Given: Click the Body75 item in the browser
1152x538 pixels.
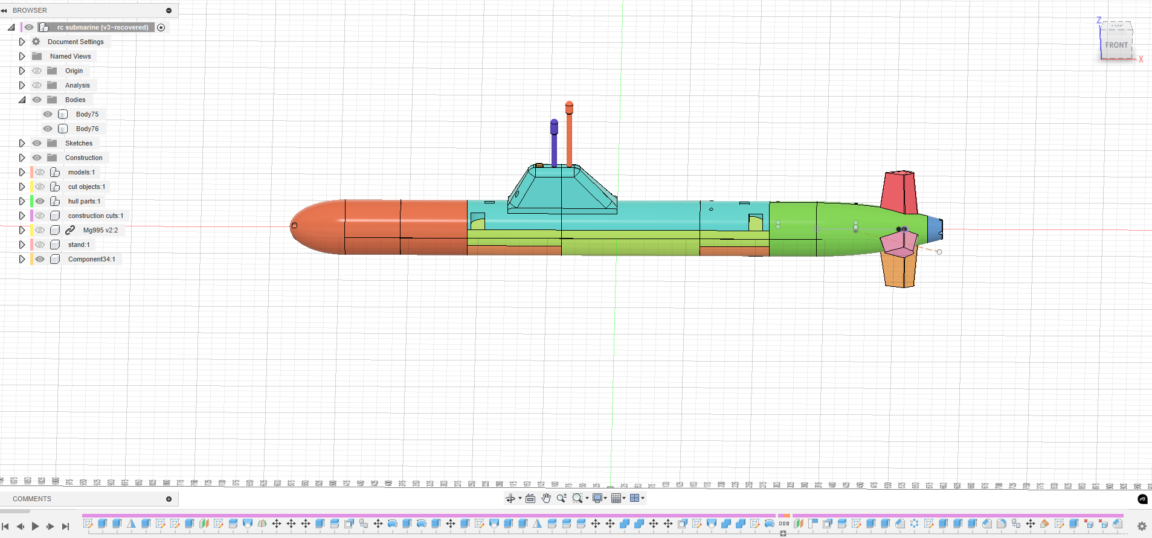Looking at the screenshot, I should [87, 114].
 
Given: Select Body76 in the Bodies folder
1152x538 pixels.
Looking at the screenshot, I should [87, 129].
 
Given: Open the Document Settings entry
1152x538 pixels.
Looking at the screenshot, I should [76, 42].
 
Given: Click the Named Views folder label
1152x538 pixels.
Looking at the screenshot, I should [70, 56].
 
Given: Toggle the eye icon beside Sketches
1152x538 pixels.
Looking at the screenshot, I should [37, 143].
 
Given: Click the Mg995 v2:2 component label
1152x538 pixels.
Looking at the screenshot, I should [100, 230].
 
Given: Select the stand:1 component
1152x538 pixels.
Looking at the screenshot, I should [79, 245].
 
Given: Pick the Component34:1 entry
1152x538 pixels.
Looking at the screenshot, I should [91, 259].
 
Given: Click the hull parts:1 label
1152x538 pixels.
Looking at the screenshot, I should [84, 201].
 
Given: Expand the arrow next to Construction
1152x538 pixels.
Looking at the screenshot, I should [22, 158].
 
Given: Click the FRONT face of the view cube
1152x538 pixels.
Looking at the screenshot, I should [1116, 45].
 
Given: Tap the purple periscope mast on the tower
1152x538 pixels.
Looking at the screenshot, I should [554, 142].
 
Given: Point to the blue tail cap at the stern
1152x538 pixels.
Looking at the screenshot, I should [935, 228].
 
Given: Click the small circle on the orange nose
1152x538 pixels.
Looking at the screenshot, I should [294, 225].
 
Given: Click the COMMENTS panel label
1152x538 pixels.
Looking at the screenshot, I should [32, 499].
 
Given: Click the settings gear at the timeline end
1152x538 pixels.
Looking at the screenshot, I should [1142, 526].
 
